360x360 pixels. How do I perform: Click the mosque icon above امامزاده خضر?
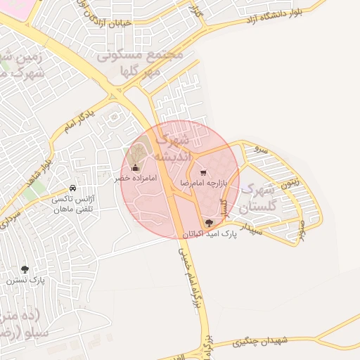(136, 168)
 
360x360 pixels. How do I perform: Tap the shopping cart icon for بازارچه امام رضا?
(203, 172)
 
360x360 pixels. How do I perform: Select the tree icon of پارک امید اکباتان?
(208, 223)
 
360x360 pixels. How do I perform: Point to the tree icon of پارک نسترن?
(25, 269)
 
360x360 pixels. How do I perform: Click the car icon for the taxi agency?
(73, 188)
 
